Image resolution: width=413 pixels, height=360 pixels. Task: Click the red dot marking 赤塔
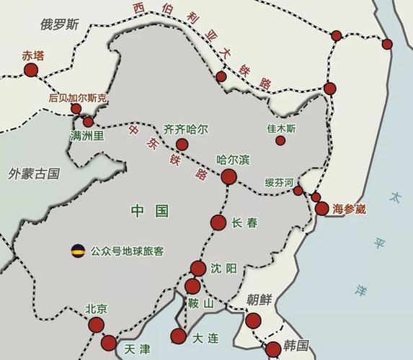pyautogui.click(x=30, y=70)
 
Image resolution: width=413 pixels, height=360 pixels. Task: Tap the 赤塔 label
pyautogui.click(x=33, y=55)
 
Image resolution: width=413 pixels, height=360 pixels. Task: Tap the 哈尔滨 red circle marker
pyautogui.click(x=228, y=177)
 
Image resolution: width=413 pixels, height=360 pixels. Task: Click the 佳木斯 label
pyautogui.click(x=281, y=128)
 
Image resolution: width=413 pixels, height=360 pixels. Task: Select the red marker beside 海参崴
pyautogui.click(x=321, y=209)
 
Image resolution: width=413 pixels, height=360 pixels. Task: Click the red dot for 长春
pyautogui.click(x=218, y=222)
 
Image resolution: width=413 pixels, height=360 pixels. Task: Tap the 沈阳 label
pyautogui.click(x=223, y=268)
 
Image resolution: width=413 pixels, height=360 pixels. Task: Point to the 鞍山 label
pyautogui.click(x=200, y=303)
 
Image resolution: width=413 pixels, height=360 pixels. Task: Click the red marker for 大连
pyautogui.click(x=177, y=336)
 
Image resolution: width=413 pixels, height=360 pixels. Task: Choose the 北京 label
pyautogui.click(x=96, y=308)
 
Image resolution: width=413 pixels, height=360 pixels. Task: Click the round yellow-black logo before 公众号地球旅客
pyautogui.click(x=78, y=251)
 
